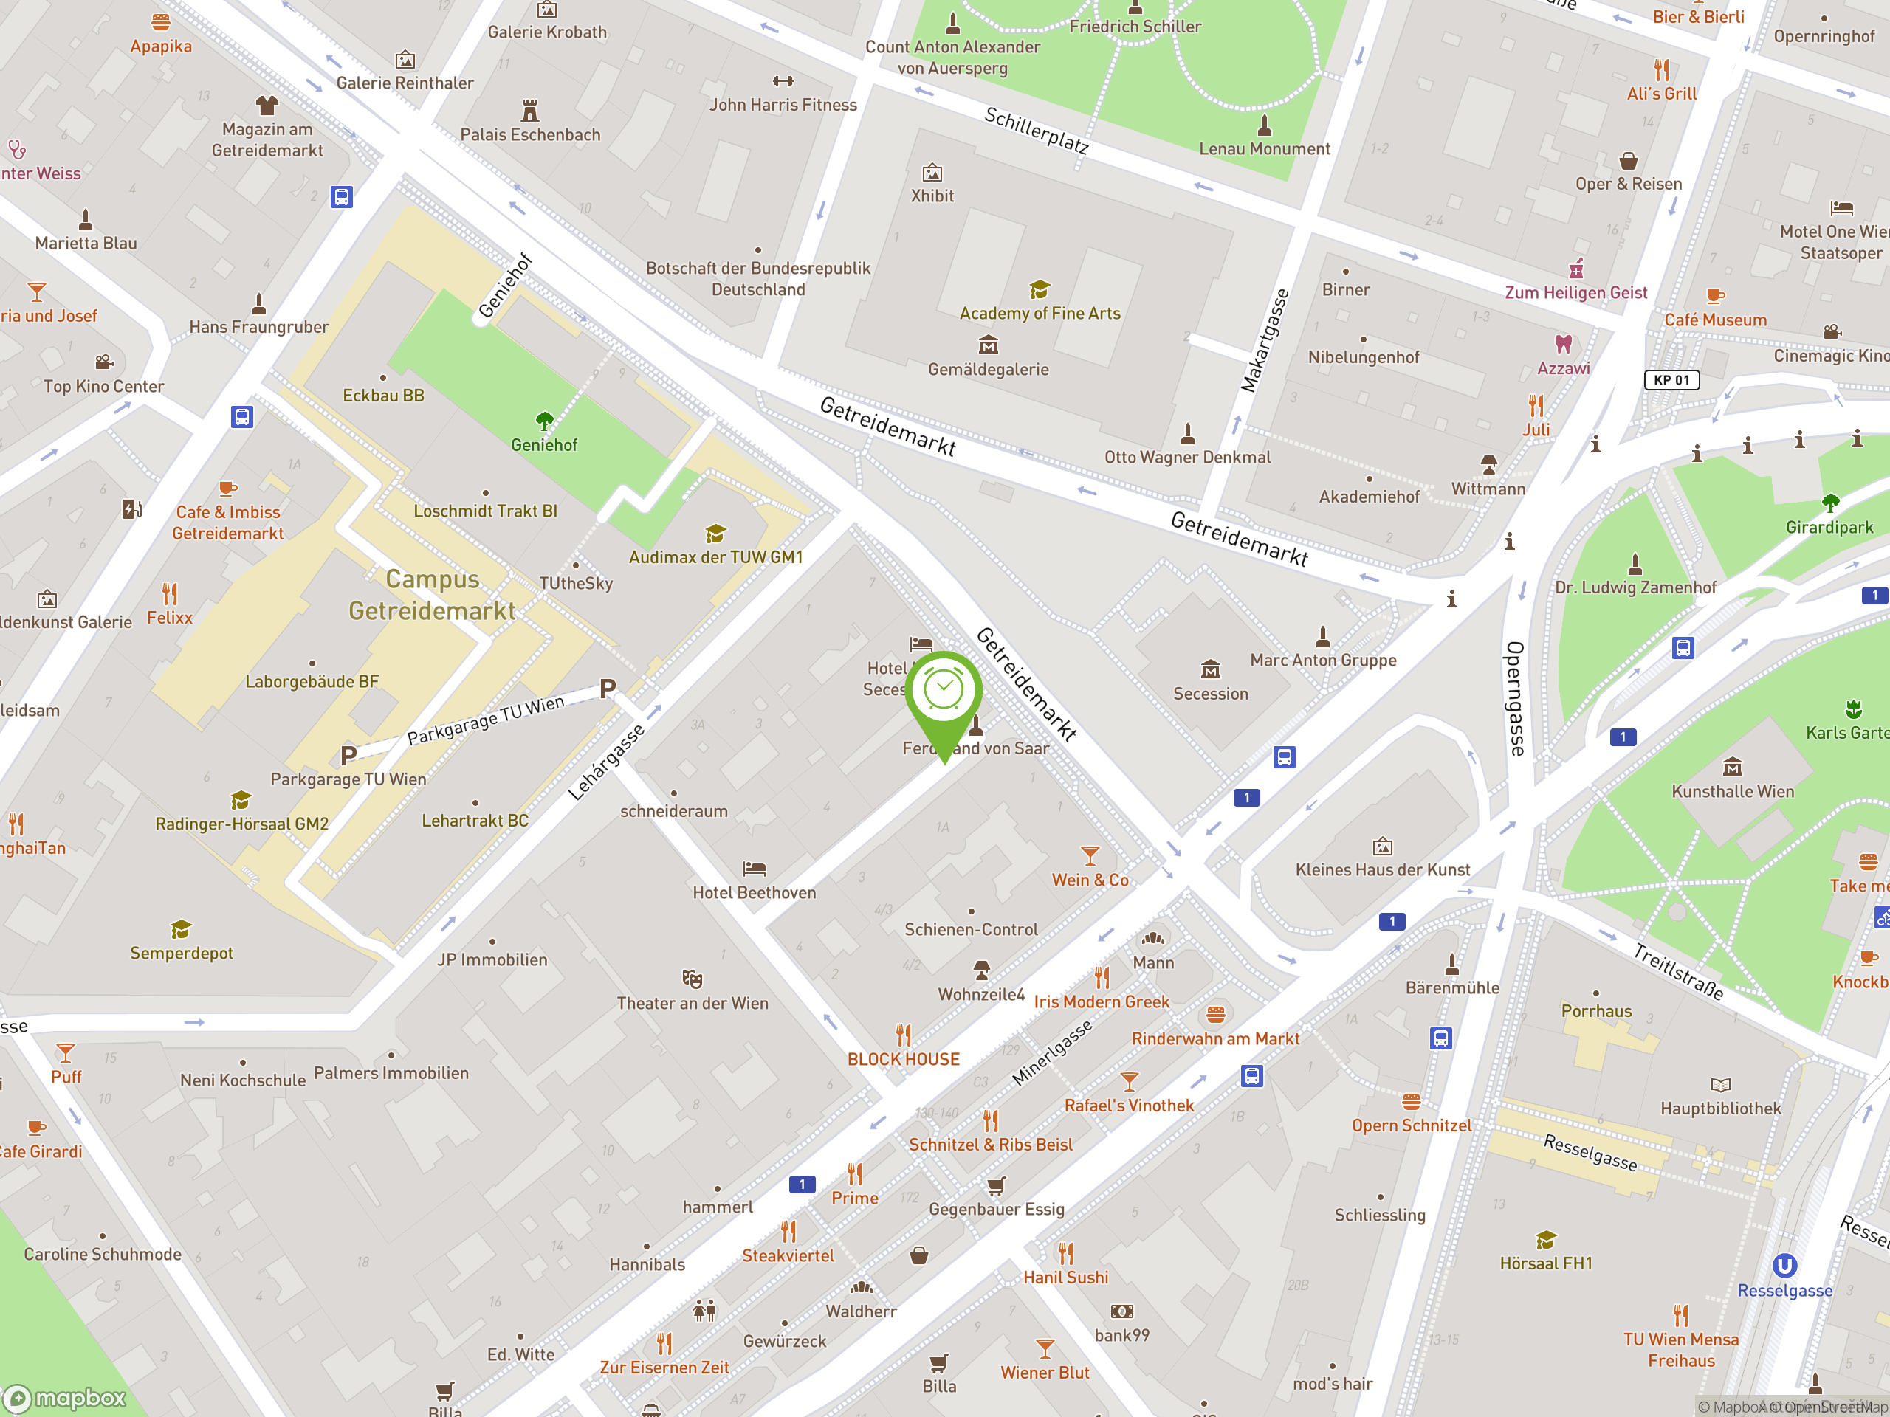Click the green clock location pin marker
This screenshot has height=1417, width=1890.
pyautogui.click(x=944, y=691)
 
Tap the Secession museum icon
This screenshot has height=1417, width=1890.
pyautogui.click(x=1210, y=669)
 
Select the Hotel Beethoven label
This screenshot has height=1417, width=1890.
pyautogui.click(x=754, y=892)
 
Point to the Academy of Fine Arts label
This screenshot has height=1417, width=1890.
pyautogui.click(x=1039, y=314)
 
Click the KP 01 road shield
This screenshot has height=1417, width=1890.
pyautogui.click(x=1671, y=380)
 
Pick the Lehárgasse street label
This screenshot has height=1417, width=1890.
pyautogui.click(x=606, y=762)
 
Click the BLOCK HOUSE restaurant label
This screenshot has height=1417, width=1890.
pyautogui.click(x=903, y=1059)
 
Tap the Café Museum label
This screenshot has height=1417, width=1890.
pyautogui.click(x=1715, y=320)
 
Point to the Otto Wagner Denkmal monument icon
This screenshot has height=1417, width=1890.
pyautogui.click(x=1187, y=434)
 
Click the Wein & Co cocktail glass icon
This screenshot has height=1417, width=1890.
pyautogui.click(x=1090, y=855)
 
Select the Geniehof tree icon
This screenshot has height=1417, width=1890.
pyautogui.click(x=544, y=420)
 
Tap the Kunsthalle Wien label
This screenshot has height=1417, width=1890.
pyautogui.click(x=1733, y=792)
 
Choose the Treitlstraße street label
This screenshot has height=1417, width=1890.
pyautogui.click(x=1678, y=972)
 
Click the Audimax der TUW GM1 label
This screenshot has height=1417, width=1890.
pyautogui.click(x=716, y=557)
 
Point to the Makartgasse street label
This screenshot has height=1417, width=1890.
pyautogui.click(x=1265, y=341)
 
